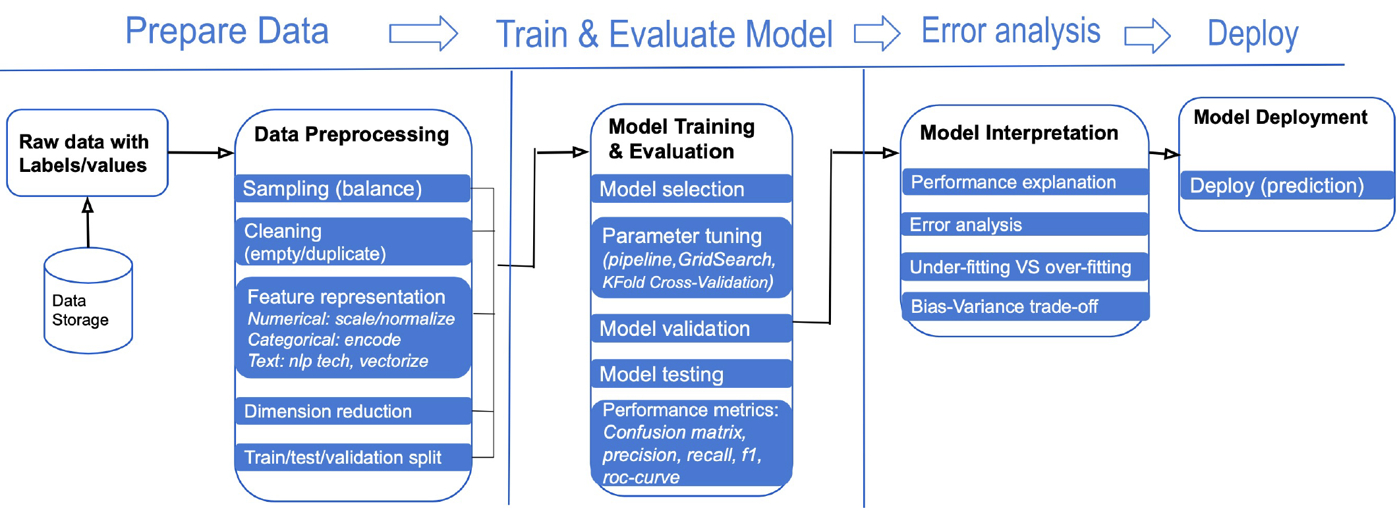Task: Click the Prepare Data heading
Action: (x=227, y=31)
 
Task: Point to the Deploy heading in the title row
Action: (x=1252, y=34)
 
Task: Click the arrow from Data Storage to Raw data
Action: (x=88, y=224)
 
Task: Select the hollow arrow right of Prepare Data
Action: (x=423, y=33)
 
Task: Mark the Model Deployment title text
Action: (x=1280, y=117)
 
